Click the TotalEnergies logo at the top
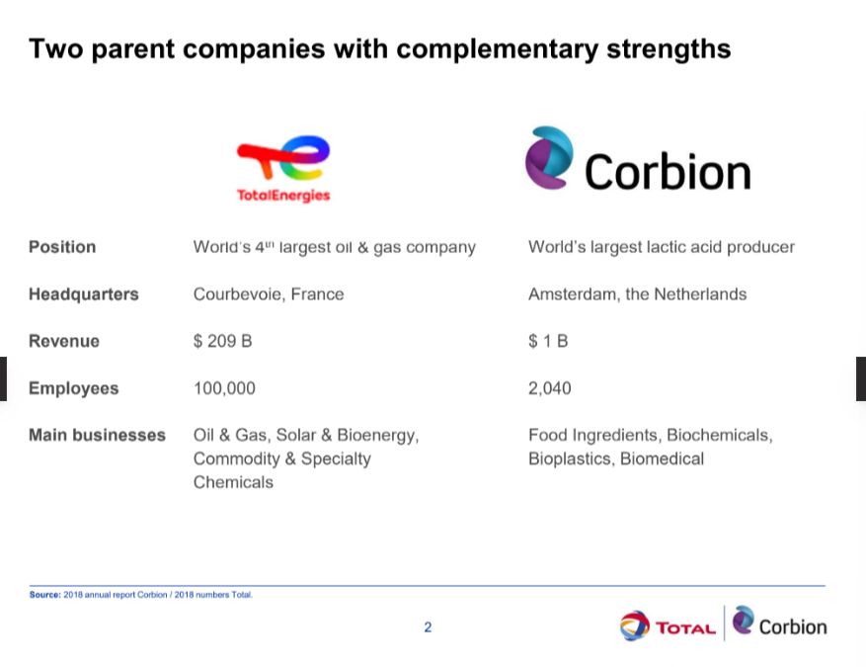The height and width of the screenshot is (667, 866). point(283,169)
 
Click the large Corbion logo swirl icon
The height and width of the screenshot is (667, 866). point(549,157)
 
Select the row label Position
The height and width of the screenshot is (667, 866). point(62,247)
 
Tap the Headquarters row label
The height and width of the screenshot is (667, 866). point(83,294)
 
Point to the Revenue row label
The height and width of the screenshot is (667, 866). point(64,341)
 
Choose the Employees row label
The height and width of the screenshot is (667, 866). point(73,388)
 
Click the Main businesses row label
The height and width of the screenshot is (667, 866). point(97,435)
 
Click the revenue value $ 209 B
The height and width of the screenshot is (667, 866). point(222,341)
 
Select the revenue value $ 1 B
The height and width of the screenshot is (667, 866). point(548,341)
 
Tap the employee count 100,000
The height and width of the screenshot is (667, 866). point(224,388)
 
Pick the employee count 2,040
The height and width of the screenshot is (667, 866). point(550,388)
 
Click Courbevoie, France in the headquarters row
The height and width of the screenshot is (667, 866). point(269,294)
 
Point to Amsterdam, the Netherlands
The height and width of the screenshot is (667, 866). point(637,294)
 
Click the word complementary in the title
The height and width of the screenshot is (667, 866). point(497,49)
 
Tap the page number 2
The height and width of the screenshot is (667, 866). point(428,627)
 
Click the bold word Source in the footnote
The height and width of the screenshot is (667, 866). point(44,595)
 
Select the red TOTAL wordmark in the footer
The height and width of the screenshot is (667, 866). point(685,628)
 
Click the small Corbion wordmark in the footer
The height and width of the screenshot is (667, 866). point(793,627)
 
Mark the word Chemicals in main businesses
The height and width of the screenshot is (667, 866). point(233,482)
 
